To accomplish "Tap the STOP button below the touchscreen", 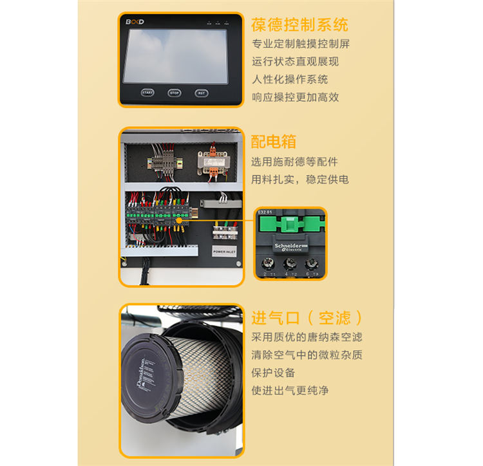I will tap(175, 93).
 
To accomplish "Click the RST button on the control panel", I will tap(202, 93).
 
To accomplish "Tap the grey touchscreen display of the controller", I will tap(175, 55).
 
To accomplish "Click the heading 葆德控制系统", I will tap(299, 25).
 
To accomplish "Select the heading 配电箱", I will tap(274, 142).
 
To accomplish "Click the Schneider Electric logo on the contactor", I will tap(292, 248).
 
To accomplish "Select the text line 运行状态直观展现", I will tap(295, 62).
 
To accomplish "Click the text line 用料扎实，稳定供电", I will tap(299, 179).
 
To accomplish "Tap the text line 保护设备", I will tap(274, 373).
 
